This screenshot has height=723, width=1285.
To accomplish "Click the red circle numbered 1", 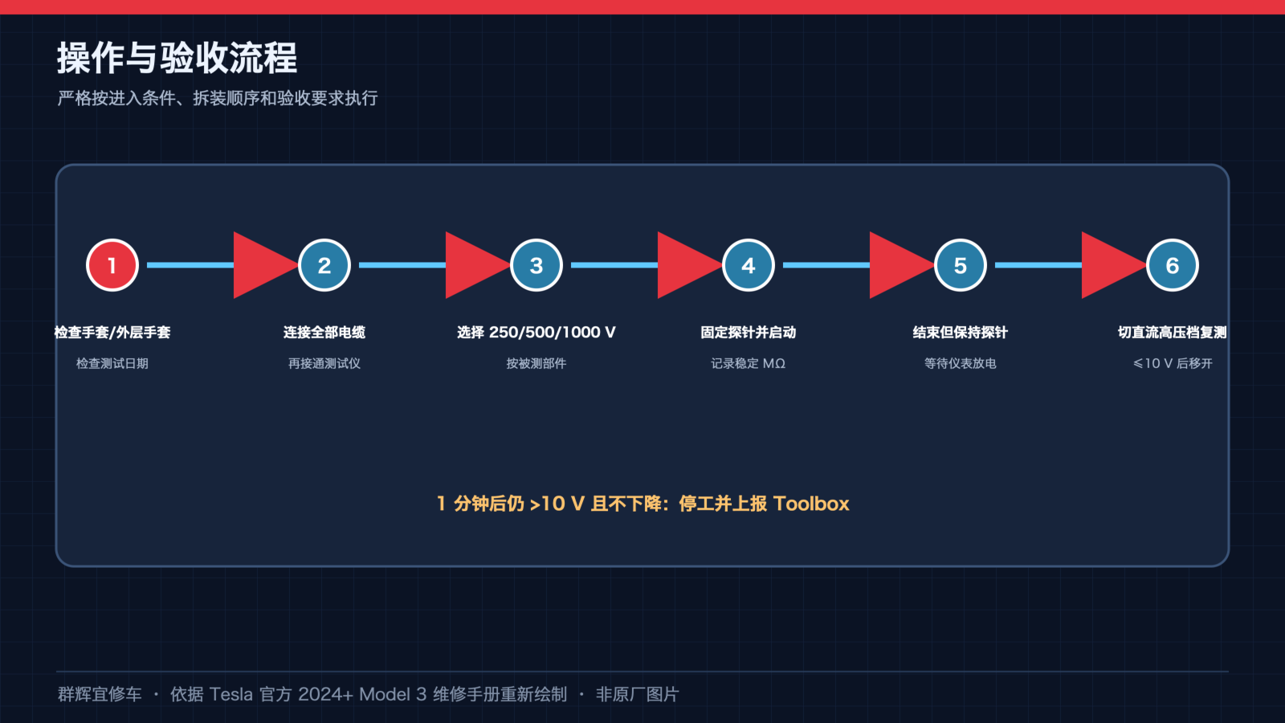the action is click(112, 265).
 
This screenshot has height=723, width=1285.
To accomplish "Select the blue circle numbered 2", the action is click(324, 265).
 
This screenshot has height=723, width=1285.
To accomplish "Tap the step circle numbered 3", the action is click(536, 265).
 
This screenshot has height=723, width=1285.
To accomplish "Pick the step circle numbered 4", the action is click(748, 265).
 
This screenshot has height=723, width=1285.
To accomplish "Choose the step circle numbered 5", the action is click(961, 265).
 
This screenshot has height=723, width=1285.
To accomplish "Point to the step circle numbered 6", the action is click(1172, 265).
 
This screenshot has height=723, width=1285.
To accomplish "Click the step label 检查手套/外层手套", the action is click(112, 333).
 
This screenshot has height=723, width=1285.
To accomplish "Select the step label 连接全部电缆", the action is click(324, 333).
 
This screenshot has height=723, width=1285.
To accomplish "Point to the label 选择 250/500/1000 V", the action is click(536, 333).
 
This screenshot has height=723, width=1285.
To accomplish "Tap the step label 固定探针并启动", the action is click(748, 333).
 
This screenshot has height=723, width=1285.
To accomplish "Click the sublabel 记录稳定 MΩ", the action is click(748, 363).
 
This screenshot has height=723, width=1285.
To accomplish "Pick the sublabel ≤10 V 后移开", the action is click(1172, 363).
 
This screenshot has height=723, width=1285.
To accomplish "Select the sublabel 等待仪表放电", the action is click(961, 363).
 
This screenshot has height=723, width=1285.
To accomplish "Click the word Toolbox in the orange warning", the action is click(811, 503).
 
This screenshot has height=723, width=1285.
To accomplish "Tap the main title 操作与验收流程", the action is click(177, 58).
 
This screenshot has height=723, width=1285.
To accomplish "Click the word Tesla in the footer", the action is click(230, 694).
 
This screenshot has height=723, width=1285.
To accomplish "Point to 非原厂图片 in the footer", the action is click(638, 694).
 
